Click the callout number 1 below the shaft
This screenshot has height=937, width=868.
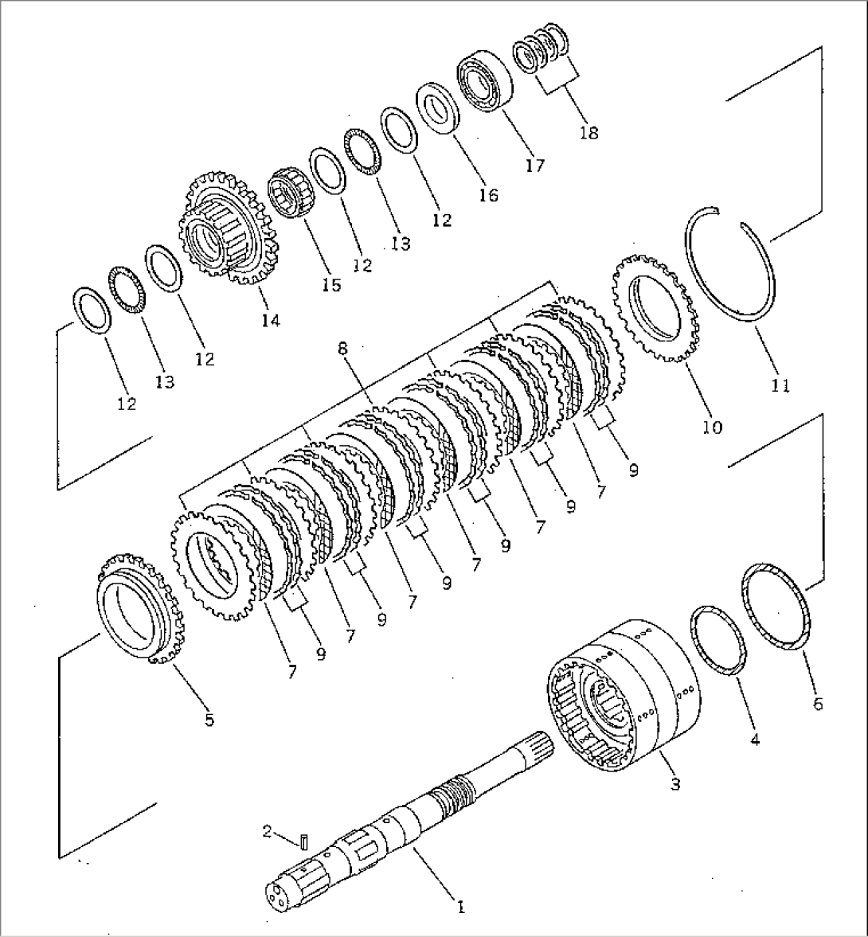[x=459, y=905]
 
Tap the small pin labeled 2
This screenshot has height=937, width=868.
[x=305, y=840]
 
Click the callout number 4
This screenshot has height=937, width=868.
[x=754, y=740]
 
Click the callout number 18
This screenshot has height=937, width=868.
[x=588, y=132]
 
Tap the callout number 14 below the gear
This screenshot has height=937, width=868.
[x=270, y=320]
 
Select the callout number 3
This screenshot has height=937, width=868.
[x=674, y=784]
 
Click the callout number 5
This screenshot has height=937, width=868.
[x=209, y=720]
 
